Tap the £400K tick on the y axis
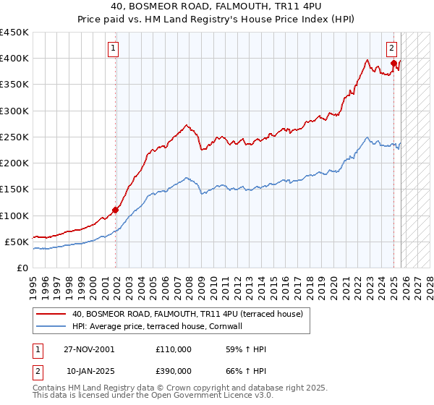[14, 59]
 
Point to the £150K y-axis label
[14, 189]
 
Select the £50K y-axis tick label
[17, 242]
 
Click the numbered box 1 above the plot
[114, 49]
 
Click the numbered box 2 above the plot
[391, 49]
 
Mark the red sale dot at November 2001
[115, 210]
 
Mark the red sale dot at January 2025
[393, 64]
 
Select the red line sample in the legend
[51, 314]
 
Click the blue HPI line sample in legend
[51, 326]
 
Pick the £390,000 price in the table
[174, 370]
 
